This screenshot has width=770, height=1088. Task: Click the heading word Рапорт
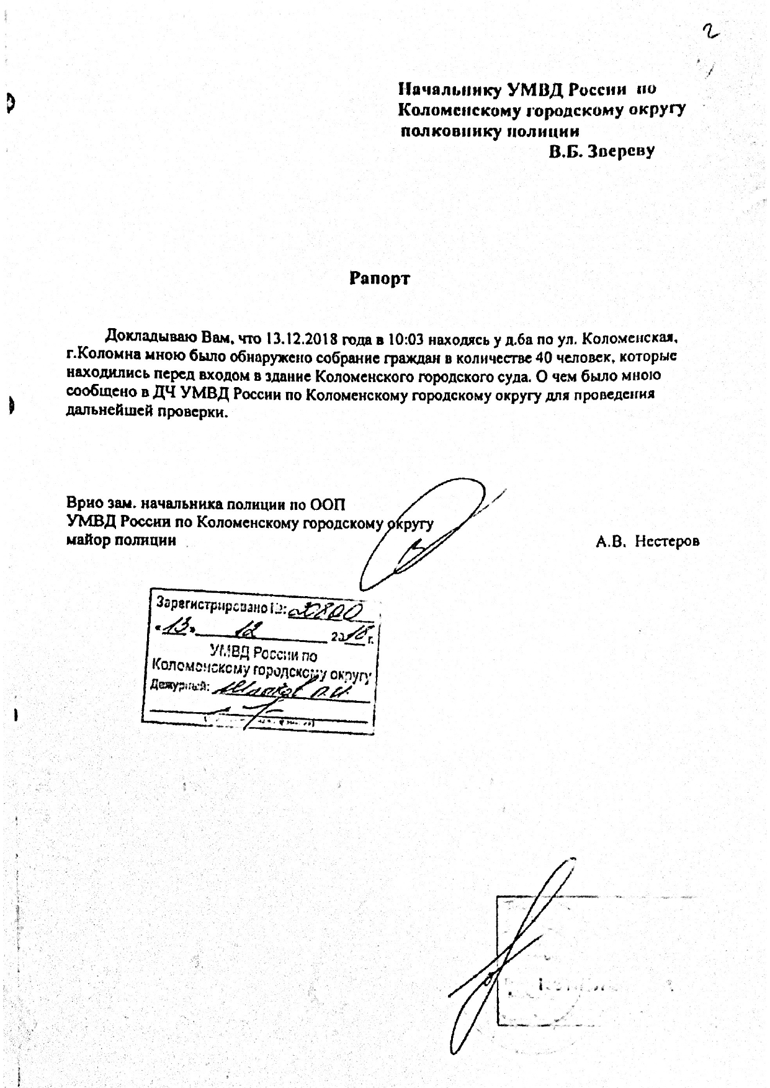(x=379, y=279)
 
